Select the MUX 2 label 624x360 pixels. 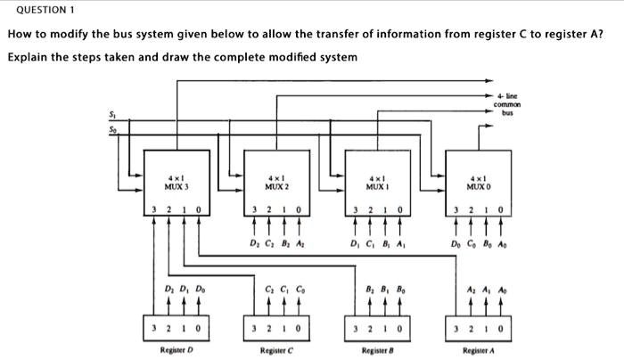pyautogui.click(x=276, y=184)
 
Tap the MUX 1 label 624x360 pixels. pyautogui.click(x=377, y=184)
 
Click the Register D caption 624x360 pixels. pyautogui.click(x=177, y=348)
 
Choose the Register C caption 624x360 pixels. pyautogui.click(x=276, y=348)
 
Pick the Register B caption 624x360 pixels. pyautogui.click(x=377, y=348)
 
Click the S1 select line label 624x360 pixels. pyautogui.click(x=112, y=113)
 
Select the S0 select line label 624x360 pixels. pyautogui.click(x=112, y=130)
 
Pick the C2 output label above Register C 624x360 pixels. pyautogui.click(x=268, y=290)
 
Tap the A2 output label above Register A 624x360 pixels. pyautogui.click(x=469, y=290)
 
